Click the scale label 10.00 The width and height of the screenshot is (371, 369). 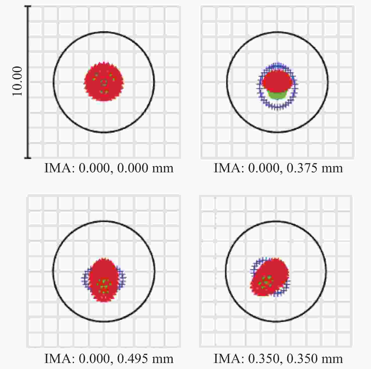pyautogui.click(x=17, y=81)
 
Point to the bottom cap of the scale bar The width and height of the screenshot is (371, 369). pyautogui.click(x=28, y=158)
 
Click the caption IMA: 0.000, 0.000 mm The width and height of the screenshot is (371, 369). pyautogui.click(x=109, y=168)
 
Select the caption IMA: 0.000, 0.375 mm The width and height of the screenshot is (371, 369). pyautogui.click(x=278, y=168)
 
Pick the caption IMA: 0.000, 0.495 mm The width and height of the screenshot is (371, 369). pyautogui.click(x=109, y=358)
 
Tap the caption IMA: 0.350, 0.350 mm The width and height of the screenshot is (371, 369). pyautogui.click(x=278, y=358)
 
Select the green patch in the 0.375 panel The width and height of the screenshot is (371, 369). pyautogui.click(x=277, y=95)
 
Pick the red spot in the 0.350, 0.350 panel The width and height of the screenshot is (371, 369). pyautogui.click(x=274, y=271)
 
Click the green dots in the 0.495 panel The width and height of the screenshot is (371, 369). pyautogui.click(x=103, y=286)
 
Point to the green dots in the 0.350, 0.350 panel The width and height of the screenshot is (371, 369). pyautogui.click(x=266, y=282)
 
